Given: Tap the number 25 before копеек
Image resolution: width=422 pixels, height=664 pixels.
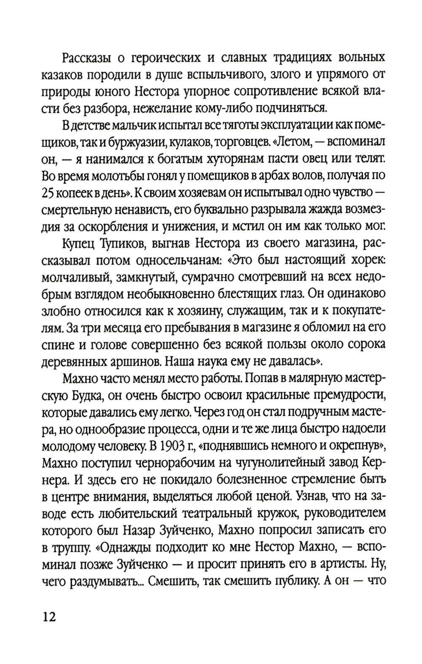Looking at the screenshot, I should point(50,192).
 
